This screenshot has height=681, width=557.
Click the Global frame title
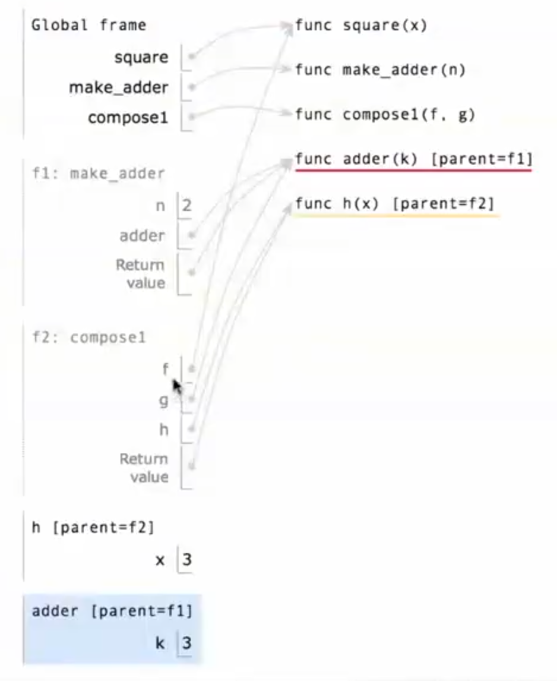coord(88,26)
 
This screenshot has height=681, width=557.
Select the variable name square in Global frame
coord(141,58)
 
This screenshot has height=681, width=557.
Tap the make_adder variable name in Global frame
coord(119,88)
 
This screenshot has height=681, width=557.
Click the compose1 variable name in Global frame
coord(128,118)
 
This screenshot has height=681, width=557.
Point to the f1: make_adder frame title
coord(98,174)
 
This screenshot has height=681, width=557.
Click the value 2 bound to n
coord(187,206)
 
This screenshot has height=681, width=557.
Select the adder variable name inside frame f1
coord(142,236)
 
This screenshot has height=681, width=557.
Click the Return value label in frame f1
coord(141,273)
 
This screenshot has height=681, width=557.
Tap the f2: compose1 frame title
coord(88,338)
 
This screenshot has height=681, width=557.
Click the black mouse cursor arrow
coord(176,386)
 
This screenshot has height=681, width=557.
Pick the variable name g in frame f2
coord(163,401)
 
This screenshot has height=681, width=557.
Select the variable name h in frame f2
coord(164,430)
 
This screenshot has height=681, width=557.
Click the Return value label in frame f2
coord(144,468)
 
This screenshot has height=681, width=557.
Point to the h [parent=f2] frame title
coord(92,527)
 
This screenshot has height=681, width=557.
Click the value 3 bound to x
coord(187,560)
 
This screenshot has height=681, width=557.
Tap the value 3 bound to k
coord(187,642)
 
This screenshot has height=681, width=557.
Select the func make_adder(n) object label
coord(380,70)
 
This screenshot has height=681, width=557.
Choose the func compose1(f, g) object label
coord(385,115)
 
